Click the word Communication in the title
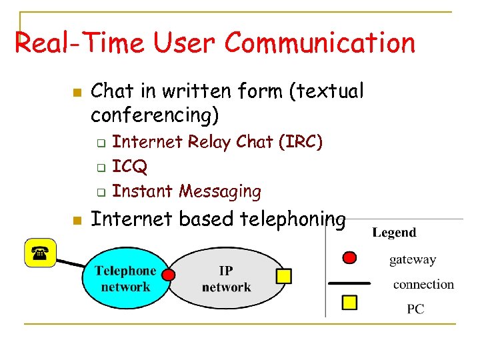319,43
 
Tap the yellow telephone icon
40,253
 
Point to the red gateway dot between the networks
169,275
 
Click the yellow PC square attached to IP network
284,275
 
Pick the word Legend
394,233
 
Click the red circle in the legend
349,258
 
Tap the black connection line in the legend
349,283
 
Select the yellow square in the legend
349,303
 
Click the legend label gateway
413,260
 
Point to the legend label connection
423,285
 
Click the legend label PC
415,309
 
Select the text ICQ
130,167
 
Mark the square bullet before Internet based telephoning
77,219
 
